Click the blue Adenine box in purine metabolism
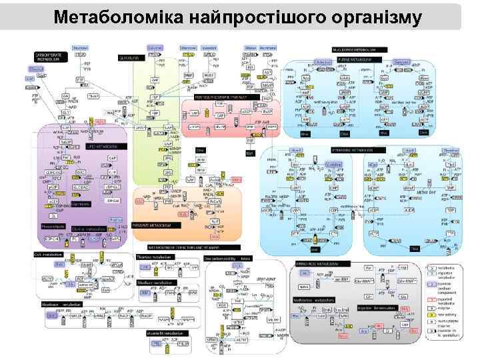pyautogui.click(x=323, y=62)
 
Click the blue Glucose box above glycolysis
pyautogui.click(x=155, y=49)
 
